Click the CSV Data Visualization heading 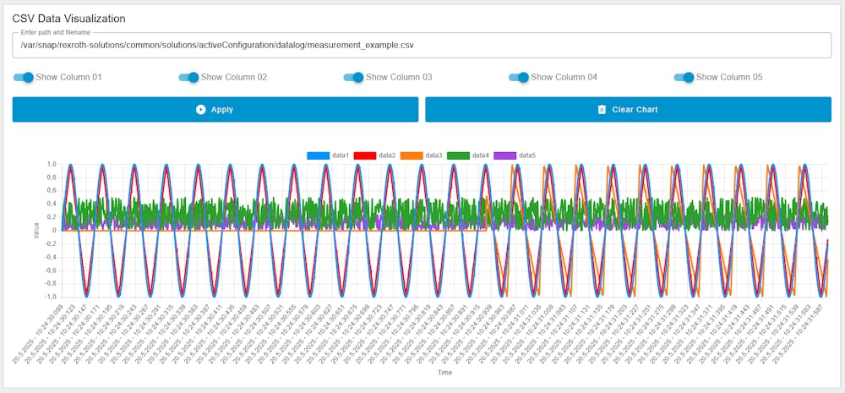click(x=68, y=18)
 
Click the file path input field click(x=422, y=45)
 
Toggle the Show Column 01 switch click(x=24, y=78)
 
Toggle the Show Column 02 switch click(x=188, y=78)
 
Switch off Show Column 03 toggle click(x=353, y=78)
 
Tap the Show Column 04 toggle click(x=519, y=78)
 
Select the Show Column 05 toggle click(x=684, y=78)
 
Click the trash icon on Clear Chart click(x=602, y=110)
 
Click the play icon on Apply click(x=200, y=110)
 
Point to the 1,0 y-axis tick click(x=52, y=164)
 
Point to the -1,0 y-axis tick click(x=51, y=297)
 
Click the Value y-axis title click(x=36, y=230)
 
